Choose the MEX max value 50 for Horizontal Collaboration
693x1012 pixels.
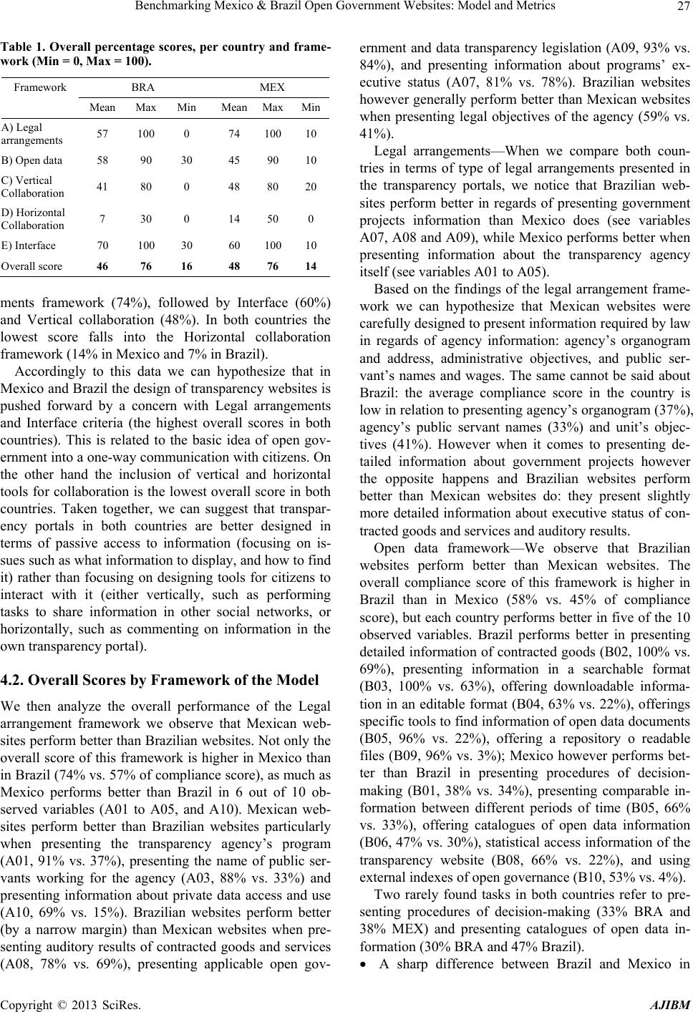tap(273, 218)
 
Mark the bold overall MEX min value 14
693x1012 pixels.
tap(311, 266)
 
